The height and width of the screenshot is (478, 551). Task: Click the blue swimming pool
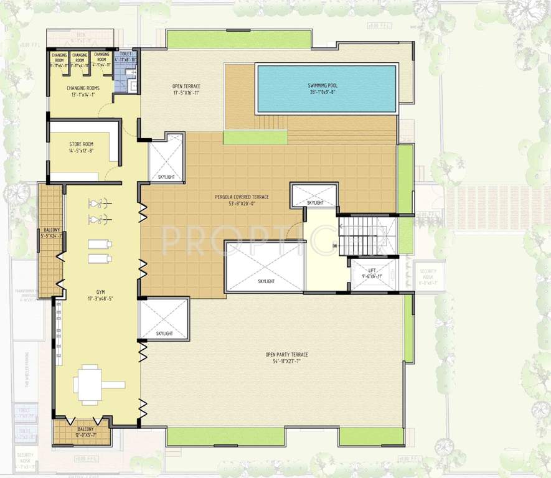326,88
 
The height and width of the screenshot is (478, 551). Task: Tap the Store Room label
82,144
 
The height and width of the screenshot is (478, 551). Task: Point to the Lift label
372,270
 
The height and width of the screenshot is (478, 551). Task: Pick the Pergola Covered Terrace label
242,197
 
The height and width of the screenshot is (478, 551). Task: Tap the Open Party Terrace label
286,355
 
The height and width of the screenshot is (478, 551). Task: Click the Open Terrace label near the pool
186,86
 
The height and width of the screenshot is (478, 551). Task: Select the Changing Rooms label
83,88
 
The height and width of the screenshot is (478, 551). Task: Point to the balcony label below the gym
86,429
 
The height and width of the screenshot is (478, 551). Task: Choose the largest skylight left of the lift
265,266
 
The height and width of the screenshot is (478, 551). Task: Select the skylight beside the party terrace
163,319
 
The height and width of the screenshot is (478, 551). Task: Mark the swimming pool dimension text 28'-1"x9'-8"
326,91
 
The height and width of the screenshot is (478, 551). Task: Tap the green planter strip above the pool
239,39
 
